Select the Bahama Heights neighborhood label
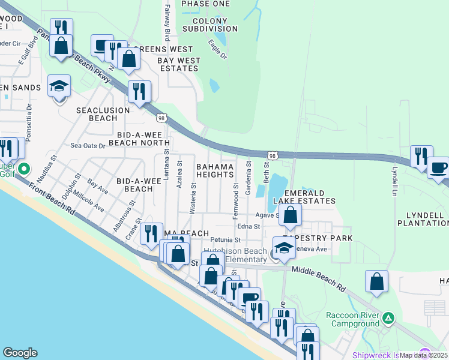215,170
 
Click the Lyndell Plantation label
422,218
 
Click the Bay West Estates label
179,65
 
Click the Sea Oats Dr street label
88,145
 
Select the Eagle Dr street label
217,49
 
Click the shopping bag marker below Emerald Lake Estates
290,215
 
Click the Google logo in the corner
20,353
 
